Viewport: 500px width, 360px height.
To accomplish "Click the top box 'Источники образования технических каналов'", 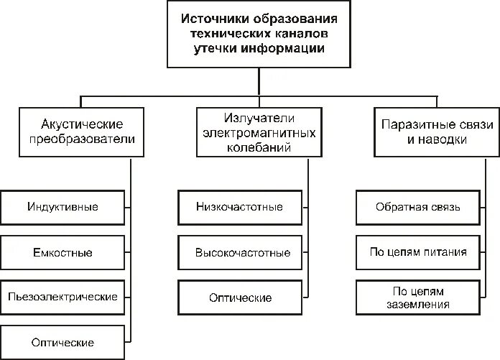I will click(x=259, y=34).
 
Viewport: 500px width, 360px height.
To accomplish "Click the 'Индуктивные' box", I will click(x=62, y=208).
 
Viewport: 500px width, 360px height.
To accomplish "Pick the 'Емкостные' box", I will click(x=62, y=253).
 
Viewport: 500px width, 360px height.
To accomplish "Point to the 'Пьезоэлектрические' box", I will click(x=62, y=297).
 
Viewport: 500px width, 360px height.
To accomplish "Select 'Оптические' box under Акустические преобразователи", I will click(x=62, y=342).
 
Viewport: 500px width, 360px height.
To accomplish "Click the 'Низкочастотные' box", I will click(x=239, y=207).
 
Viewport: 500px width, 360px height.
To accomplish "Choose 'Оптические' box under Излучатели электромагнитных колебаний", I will click(x=239, y=297).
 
